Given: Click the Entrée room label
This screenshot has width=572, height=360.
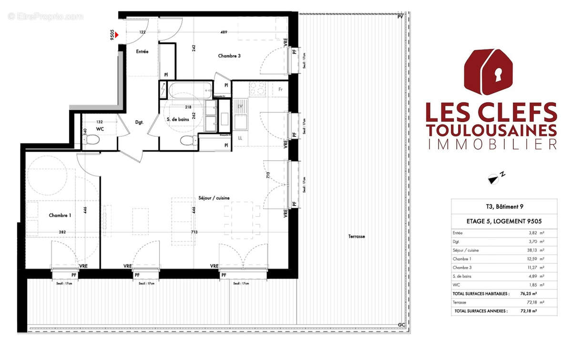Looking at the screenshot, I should pos(143,51).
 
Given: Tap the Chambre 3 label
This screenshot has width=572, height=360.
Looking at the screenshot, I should pos(229,56).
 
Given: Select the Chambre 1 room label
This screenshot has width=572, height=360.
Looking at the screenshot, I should pos(60,216).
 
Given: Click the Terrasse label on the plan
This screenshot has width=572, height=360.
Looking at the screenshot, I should pos(357,237).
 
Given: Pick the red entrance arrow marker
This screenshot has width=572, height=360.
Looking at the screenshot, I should pos(116,34).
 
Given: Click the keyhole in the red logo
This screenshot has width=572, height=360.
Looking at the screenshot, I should pos(499,75).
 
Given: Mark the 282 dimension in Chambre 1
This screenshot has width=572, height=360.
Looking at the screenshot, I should pos(62,232).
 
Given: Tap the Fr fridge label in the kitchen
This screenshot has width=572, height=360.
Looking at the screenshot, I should pos(281,89).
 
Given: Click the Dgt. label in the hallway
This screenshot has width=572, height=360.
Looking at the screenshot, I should pos(139,123).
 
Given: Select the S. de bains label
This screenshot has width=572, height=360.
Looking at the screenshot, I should pos(178,120).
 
